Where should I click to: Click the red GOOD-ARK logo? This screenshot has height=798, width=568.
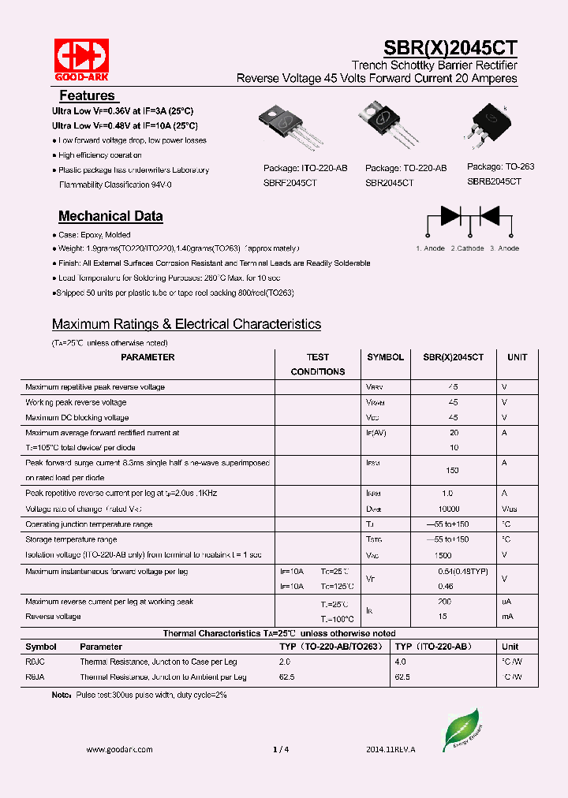81,57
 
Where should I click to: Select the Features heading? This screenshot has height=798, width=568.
87,95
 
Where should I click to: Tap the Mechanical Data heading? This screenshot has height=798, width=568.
110,216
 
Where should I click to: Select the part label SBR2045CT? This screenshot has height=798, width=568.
389,182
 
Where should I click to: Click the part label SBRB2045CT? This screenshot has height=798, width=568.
494,181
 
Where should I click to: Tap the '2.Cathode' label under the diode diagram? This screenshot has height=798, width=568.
467,248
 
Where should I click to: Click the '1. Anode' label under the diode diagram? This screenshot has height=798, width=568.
430,248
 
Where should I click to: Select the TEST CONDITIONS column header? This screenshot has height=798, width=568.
318,364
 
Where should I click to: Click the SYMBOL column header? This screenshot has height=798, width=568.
385,357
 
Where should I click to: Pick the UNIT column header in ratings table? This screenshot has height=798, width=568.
518,357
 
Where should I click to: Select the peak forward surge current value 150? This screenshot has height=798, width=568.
453,470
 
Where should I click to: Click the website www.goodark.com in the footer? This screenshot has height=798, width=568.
119,750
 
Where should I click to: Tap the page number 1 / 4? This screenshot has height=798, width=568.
281,750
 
